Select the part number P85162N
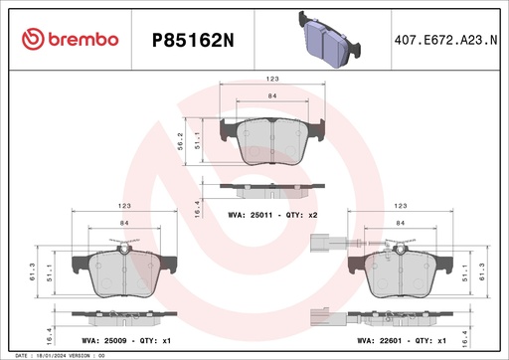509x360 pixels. (x=192, y=39)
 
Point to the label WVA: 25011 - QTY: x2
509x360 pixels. (x=273, y=213)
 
